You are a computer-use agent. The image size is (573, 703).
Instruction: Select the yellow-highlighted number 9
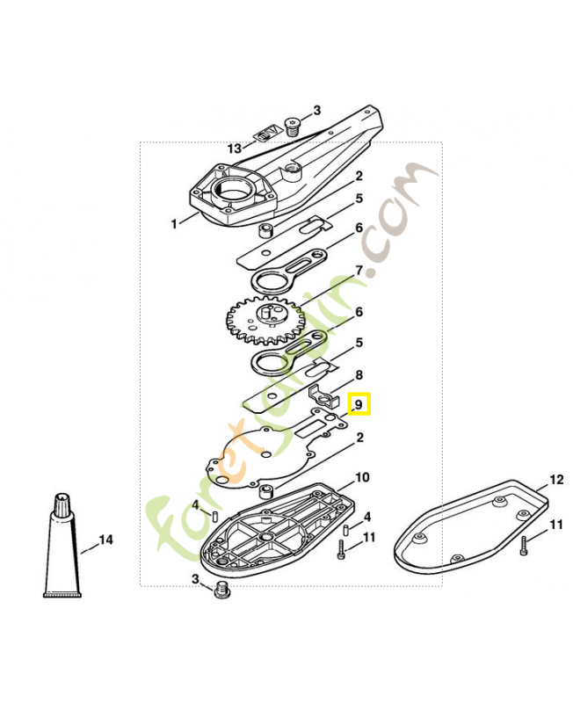coord(359,405)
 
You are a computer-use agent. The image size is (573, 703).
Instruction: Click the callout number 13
coord(235,148)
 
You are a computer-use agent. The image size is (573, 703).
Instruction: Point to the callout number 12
coord(556,479)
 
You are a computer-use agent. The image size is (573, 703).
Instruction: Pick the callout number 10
coord(362,477)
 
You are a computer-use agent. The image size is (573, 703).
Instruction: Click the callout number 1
coord(174,223)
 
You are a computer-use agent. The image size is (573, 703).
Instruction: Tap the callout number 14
coord(105,540)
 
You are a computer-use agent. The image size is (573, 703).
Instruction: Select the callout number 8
coord(359,374)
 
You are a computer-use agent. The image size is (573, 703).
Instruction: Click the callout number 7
coord(359,271)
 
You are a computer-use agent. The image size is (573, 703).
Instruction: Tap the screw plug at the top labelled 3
coord(293,127)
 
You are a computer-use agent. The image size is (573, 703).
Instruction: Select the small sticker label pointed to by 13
coord(267,134)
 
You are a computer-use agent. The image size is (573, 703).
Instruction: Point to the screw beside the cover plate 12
coord(523,546)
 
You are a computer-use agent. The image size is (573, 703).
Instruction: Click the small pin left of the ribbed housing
coord(214,516)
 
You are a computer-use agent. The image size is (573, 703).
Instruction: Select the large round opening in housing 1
coord(231,189)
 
